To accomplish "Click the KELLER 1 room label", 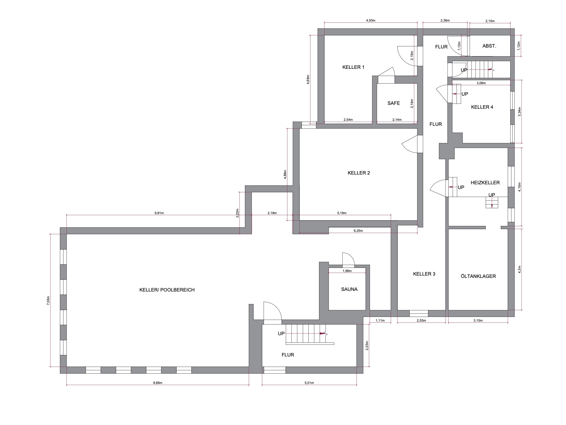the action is click(x=353, y=67).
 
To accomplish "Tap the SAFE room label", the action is click(x=394, y=103).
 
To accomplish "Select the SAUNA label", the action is click(x=349, y=289).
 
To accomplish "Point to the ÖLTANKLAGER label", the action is click(x=478, y=276).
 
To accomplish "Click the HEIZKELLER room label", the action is click(x=485, y=183).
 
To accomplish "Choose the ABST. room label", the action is click(x=489, y=46).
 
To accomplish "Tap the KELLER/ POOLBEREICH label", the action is click(x=167, y=290).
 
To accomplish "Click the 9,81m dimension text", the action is click(x=159, y=213).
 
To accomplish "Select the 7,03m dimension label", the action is click(x=48, y=301).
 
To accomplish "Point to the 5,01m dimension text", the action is click(x=309, y=383).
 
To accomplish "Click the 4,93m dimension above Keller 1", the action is click(x=370, y=20).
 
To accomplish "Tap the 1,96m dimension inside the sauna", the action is click(x=347, y=271).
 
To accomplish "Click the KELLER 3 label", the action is click(x=424, y=274).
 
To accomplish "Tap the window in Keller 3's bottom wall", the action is click(x=418, y=313).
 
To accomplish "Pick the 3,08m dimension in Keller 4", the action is click(x=481, y=83).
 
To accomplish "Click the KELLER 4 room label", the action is click(x=482, y=107).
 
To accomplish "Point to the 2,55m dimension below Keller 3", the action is click(x=421, y=320).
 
